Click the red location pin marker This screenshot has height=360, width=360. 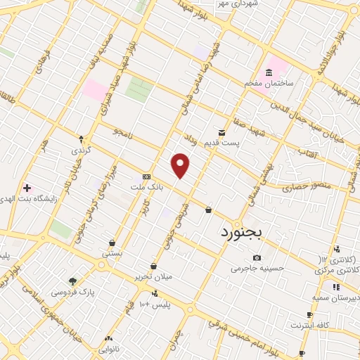(181, 165)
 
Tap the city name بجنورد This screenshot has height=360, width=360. (241, 231)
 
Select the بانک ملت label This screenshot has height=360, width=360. (146, 188)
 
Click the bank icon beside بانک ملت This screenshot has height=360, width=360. (146, 176)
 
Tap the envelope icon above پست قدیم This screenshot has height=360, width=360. (221, 132)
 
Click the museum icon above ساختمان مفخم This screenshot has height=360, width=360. (269, 72)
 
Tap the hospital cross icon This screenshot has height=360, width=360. (27, 188)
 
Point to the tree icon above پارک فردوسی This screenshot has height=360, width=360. (73, 280)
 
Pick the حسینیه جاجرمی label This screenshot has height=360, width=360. (254, 268)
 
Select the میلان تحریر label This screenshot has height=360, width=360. (153, 276)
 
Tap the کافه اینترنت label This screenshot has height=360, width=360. (311, 326)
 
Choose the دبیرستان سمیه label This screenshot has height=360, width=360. (337, 297)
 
